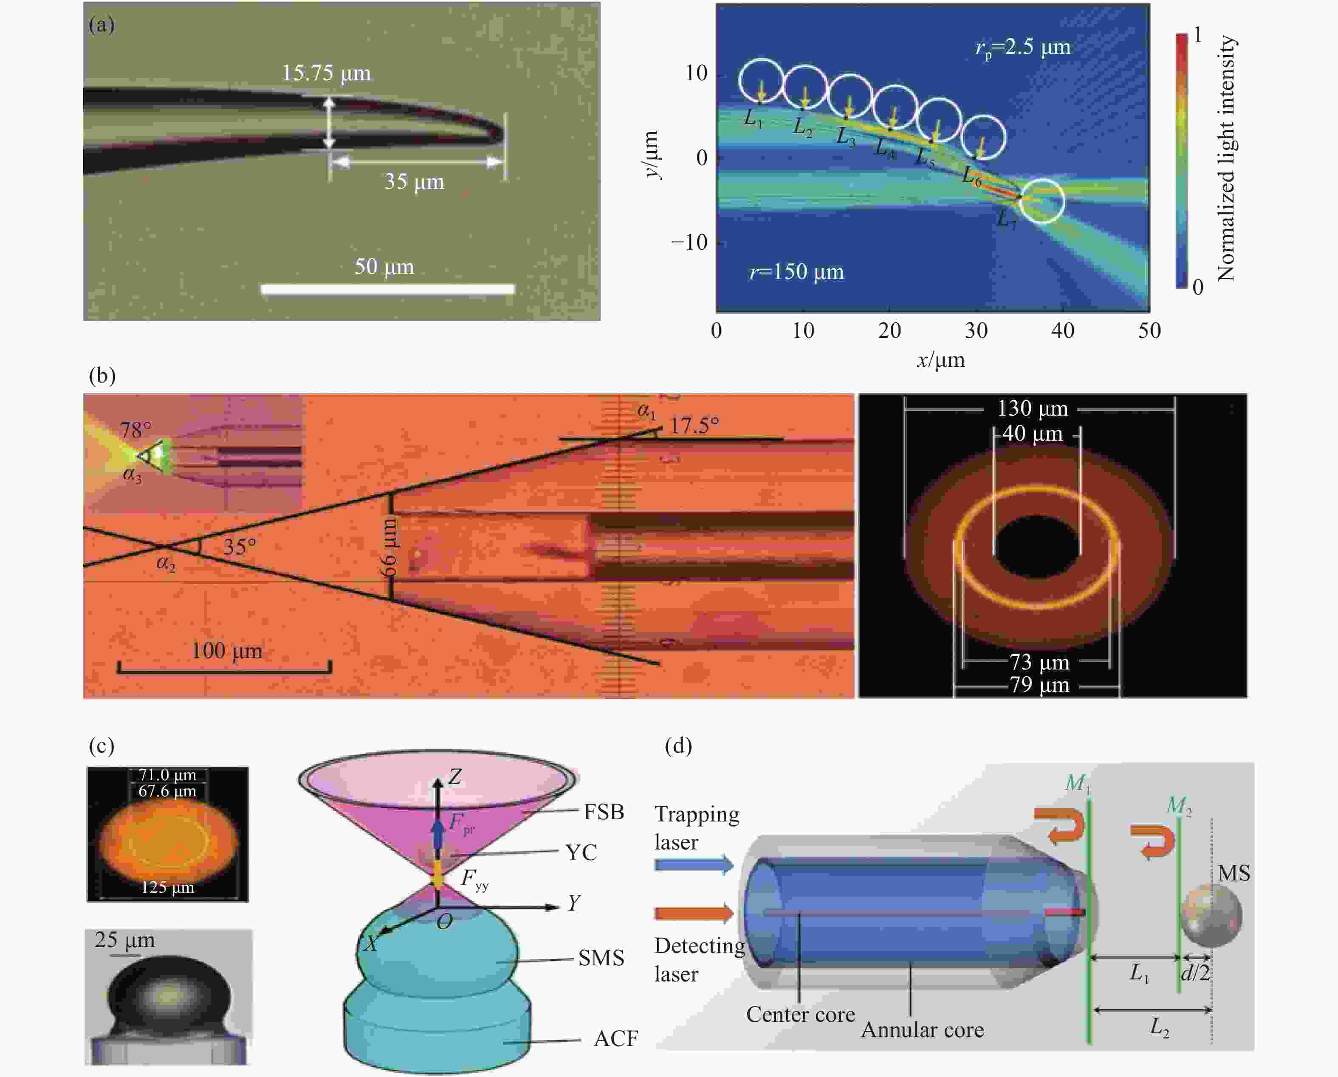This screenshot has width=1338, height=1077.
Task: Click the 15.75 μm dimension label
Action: (327, 73)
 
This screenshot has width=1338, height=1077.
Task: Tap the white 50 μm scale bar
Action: (388, 289)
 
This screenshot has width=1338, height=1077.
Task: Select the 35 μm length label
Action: (414, 182)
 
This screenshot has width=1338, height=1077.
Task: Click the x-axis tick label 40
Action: (1062, 331)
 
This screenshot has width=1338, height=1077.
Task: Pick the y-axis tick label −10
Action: (689, 242)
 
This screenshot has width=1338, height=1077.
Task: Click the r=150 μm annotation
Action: (797, 272)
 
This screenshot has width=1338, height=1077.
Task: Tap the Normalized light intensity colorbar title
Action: (1226, 158)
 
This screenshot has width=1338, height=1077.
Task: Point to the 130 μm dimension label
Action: (1033, 408)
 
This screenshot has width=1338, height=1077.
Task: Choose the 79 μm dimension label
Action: (1039, 685)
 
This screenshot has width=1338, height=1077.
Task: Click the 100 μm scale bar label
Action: (226, 651)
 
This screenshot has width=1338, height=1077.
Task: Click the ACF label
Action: (615, 1038)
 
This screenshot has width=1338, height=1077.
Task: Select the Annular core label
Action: (922, 1030)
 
